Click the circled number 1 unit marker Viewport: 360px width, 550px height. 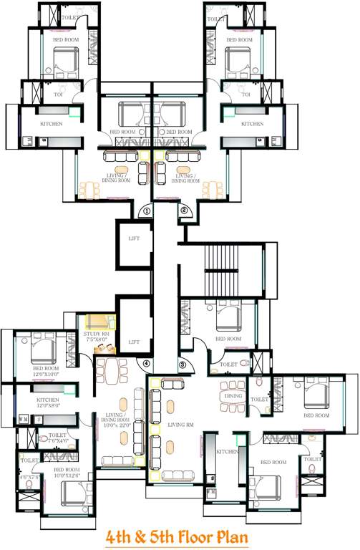tap(145, 211)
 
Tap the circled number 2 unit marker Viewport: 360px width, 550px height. tap(184, 211)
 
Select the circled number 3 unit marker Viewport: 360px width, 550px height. tap(183, 365)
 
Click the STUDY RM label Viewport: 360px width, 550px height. tap(94, 333)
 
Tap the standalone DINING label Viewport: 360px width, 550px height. tap(233, 395)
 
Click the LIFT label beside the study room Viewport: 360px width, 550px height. tap(133, 342)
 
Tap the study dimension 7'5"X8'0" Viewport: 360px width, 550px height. tap(94, 339)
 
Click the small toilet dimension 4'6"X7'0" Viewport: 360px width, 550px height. tap(30, 477)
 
